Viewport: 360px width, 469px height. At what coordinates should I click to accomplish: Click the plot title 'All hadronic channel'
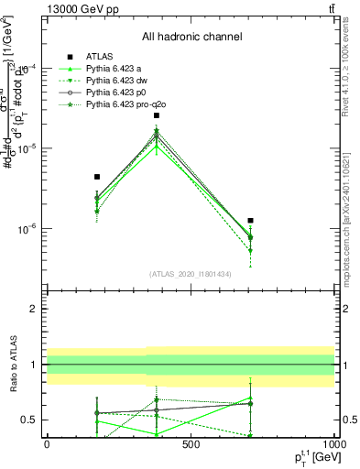coord(191,38)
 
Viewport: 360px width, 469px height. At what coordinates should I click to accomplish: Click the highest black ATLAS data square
coord(157,115)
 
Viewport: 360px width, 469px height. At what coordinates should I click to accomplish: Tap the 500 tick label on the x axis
coord(191,446)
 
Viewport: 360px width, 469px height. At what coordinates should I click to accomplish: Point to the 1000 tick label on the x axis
coord(333,446)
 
